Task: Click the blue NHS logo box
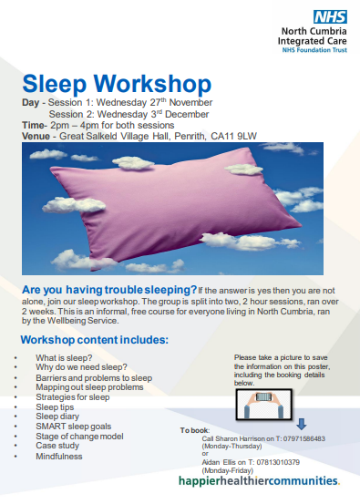(325, 15)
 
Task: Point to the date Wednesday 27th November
(141, 104)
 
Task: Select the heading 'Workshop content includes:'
(96, 340)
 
